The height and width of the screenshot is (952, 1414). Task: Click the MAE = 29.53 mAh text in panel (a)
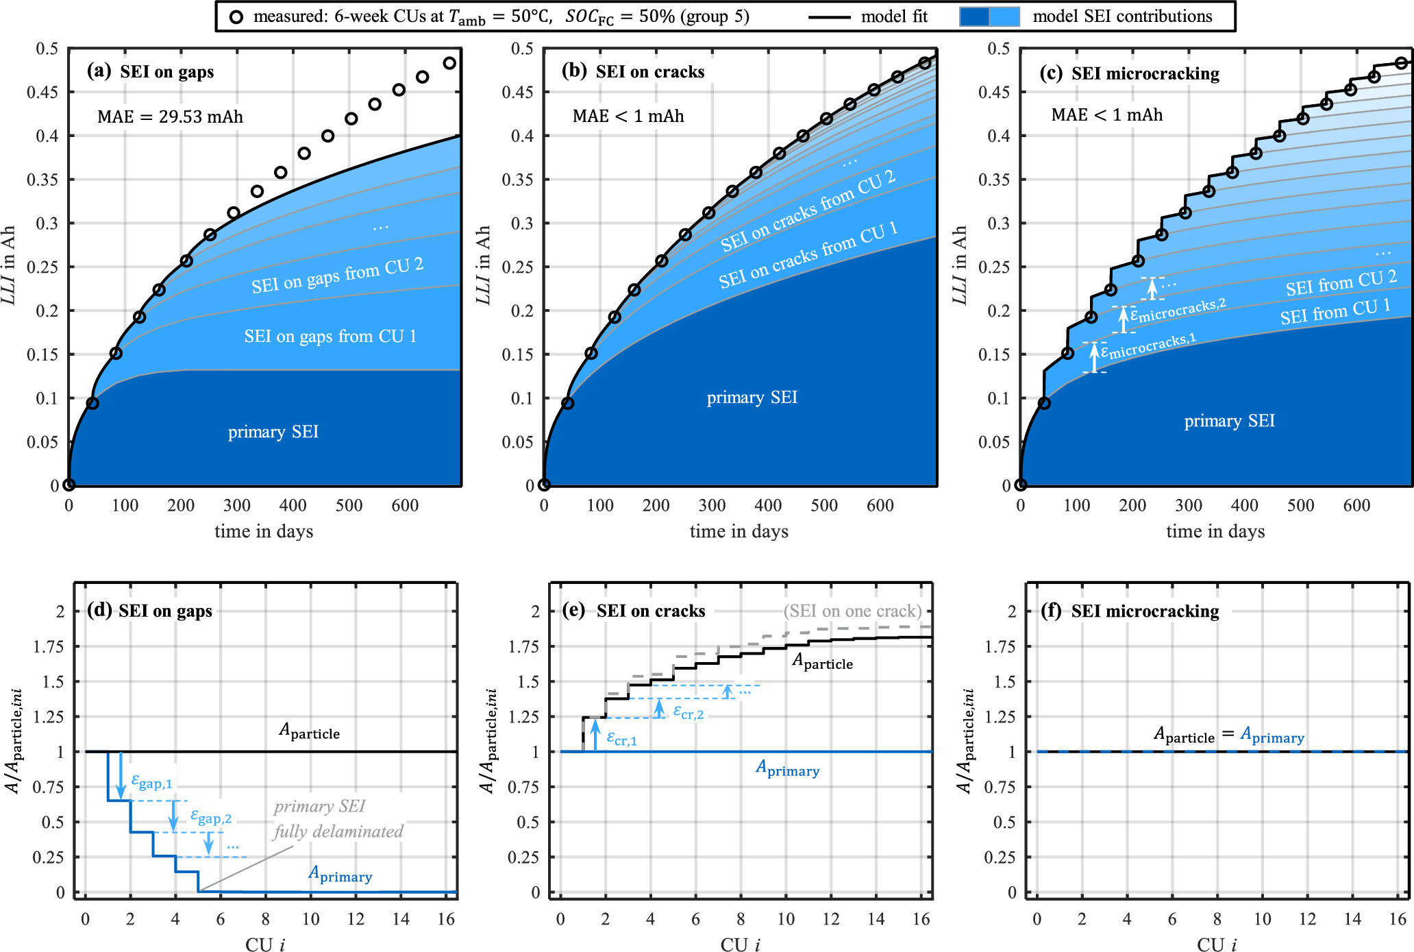point(170,117)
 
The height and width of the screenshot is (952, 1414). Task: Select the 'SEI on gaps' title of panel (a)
point(166,72)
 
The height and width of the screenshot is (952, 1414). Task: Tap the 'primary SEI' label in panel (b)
point(752,398)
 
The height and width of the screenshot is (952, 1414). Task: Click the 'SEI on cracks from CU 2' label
point(808,211)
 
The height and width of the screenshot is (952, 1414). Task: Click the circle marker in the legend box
point(236,17)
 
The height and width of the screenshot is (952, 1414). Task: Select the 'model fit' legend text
point(893,16)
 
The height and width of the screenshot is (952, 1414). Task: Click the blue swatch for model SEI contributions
point(989,16)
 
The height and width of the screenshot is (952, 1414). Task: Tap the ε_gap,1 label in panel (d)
point(151,781)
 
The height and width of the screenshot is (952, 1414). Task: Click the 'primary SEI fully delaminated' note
point(338,819)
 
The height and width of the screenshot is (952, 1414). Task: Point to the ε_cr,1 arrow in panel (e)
point(595,735)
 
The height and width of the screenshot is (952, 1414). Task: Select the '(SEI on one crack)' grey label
point(852,611)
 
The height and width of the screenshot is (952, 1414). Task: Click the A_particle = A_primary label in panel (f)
point(1229,735)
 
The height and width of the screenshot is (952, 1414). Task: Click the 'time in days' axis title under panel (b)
point(739,531)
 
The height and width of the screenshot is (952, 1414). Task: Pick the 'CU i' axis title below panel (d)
point(265,944)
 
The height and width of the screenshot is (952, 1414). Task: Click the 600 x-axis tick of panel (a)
point(405,506)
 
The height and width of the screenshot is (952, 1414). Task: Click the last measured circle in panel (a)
point(449,63)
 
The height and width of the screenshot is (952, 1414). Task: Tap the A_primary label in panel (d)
point(340,874)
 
